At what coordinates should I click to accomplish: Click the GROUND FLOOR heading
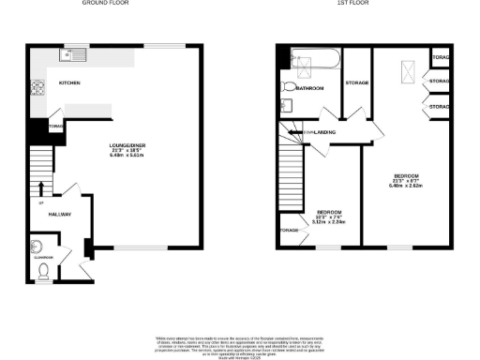tap(105, 4)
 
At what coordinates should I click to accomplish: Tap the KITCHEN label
tap(69, 84)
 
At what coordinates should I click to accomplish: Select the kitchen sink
tap(70, 55)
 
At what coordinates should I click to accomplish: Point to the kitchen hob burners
tap(38, 90)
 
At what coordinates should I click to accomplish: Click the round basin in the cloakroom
tap(34, 247)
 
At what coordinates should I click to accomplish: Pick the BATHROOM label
tap(310, 87)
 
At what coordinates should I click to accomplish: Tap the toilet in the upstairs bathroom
tap(286, 87)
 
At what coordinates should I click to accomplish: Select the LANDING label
tap(325, 132)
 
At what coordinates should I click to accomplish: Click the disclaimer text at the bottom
tap(240, 344)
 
